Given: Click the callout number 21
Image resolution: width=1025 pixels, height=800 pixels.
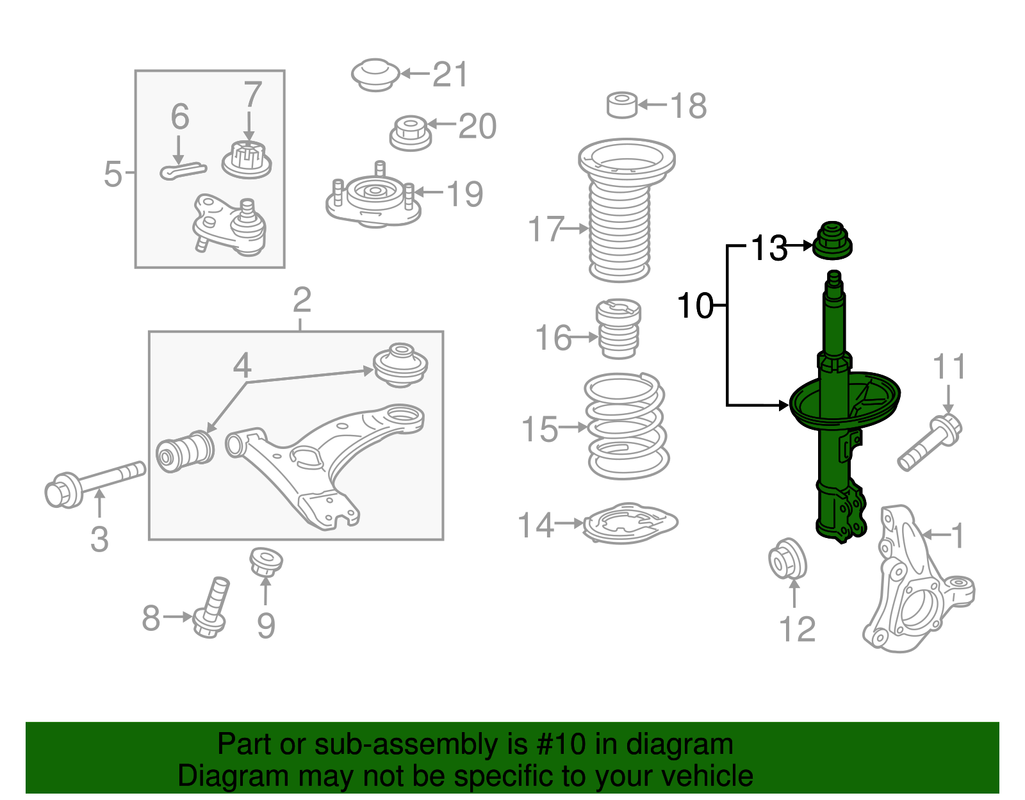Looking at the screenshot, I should pos(451,75).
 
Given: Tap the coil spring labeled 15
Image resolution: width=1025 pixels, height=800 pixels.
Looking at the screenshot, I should pos(626,425).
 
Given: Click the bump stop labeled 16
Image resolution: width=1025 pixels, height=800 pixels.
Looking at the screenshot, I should pos(618,329).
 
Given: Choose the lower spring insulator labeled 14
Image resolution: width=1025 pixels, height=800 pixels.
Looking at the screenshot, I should pos(630,524).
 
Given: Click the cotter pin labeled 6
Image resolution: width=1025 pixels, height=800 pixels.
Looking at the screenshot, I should pos(183,170).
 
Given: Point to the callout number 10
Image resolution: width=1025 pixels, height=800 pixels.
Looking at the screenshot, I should pos(695,306).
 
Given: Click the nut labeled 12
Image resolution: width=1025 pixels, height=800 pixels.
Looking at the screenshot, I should pos(787,560).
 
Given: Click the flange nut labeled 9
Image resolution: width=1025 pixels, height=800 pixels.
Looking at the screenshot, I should pos(266,562).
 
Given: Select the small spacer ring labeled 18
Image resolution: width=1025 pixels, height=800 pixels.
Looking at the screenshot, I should pos(621,105).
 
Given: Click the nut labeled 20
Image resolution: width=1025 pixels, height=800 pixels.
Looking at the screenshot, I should pos(410,133).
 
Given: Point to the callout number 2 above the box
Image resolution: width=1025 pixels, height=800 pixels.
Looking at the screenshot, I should pos(302,300).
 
